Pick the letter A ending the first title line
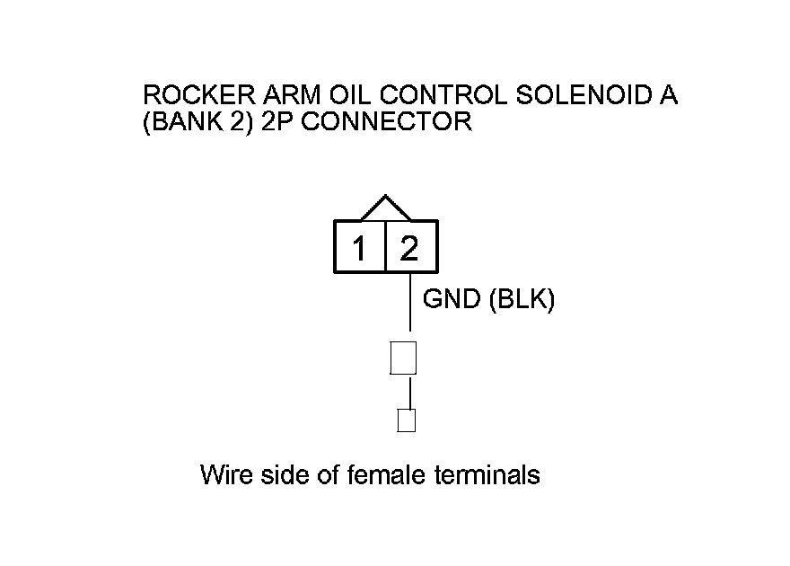pos(668,96)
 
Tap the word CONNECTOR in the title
pos(380,122)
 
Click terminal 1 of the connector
pos(360,248)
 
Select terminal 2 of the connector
pos(410,248)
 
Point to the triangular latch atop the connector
pos(385,208)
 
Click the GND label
pos(452,300)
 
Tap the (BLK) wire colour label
pos(522,300)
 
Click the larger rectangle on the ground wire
pos(403,358)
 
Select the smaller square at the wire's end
pos(407,420)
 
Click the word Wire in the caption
pos(225,474)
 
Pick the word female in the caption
pos(386,474)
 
